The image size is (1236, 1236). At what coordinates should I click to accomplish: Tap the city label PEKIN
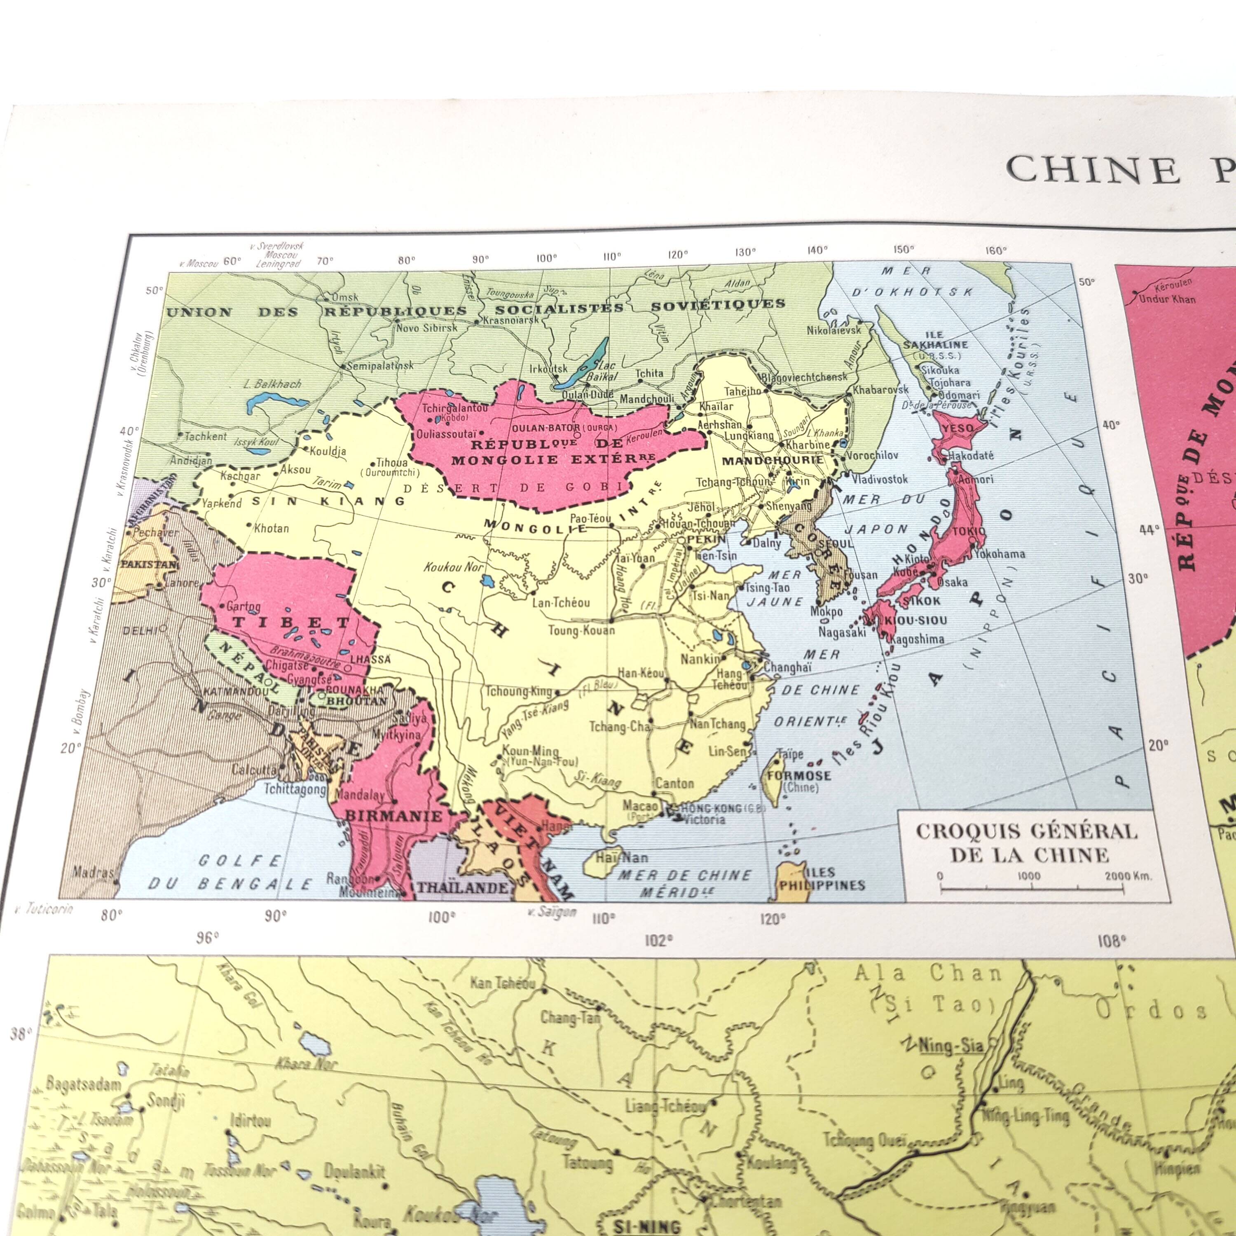706,539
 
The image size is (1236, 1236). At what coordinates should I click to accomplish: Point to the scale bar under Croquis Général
1031,887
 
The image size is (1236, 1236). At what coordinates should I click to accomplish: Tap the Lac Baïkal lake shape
582,367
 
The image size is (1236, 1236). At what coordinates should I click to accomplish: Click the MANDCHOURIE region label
772,459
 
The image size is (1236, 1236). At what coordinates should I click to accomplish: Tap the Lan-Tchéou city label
561,602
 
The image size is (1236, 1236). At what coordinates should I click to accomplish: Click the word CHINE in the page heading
1093,169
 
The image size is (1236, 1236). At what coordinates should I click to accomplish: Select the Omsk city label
344,297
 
